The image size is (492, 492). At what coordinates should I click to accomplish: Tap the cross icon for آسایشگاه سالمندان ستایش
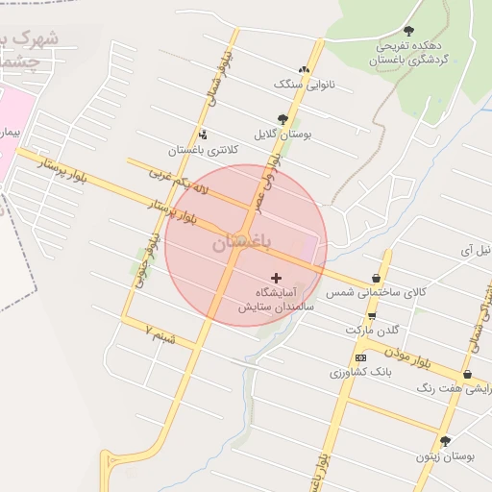pos(277,278)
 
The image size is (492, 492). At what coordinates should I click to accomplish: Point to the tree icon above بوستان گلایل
pos(283,119)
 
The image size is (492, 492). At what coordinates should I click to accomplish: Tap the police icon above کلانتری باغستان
pos(202,135)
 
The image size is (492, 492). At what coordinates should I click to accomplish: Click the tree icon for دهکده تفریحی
pos(408,31)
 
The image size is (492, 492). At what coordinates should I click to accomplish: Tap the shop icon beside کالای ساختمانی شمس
pos(375,280)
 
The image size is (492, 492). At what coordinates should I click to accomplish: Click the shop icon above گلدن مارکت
pos(372,315)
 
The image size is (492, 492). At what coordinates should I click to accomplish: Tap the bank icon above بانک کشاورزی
pos(360,357)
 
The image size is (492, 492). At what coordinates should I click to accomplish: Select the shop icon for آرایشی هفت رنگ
pos(467,375)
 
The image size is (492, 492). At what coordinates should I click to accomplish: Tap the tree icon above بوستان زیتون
pos(444,441)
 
